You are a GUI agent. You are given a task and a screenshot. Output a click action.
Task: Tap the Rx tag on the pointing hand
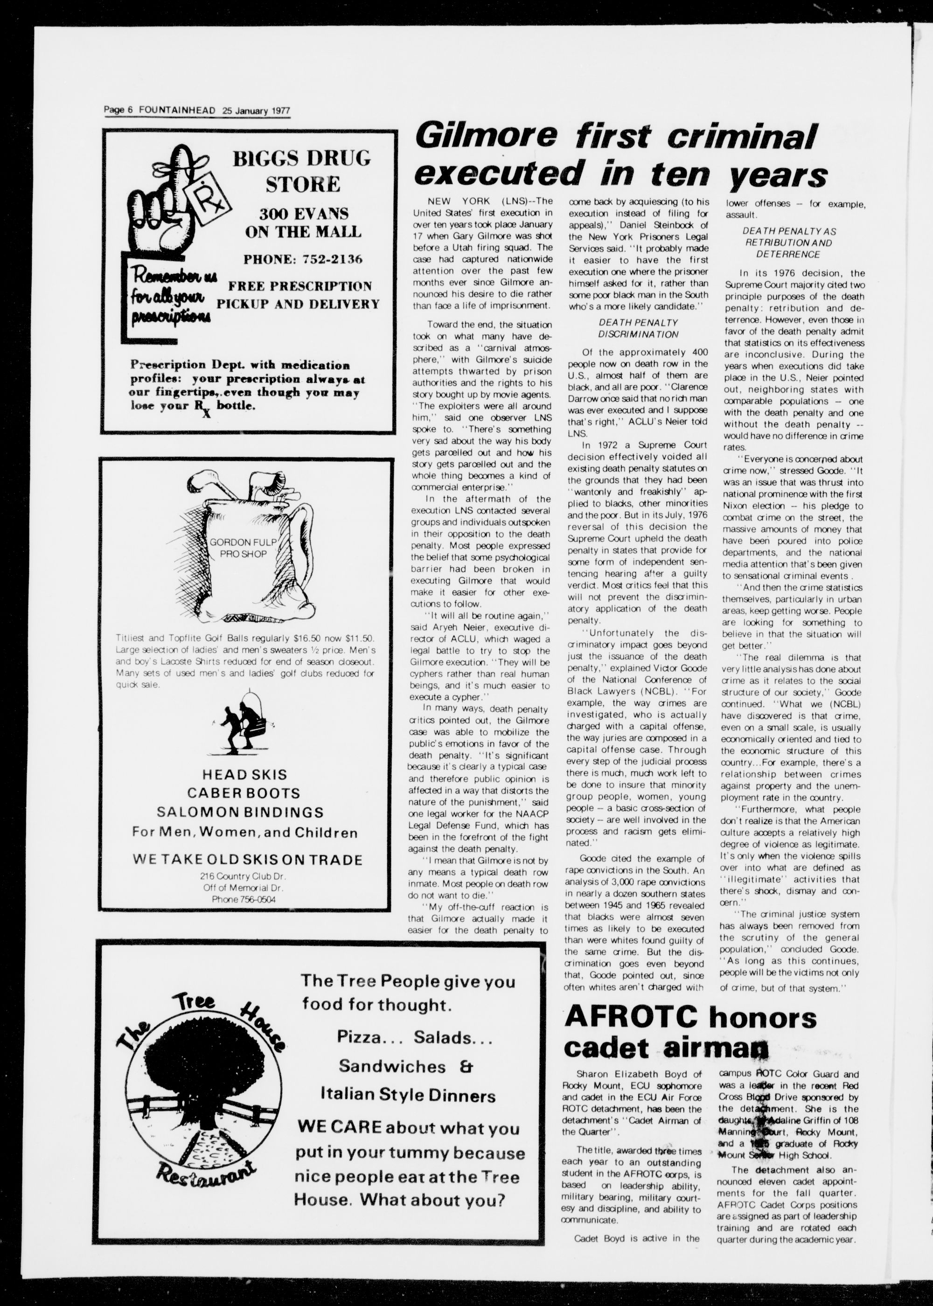pos(206,201)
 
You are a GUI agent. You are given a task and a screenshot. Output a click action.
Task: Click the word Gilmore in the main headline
pos(486,137)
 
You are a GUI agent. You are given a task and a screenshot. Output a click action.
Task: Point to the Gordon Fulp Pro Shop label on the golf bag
pos(243,548)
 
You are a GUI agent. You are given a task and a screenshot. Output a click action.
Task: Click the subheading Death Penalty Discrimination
pos(638,328)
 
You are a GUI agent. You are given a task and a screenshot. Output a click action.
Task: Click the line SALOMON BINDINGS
pos(240,812)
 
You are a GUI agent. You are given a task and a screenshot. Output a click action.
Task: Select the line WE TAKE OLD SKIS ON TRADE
pos(247,860)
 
